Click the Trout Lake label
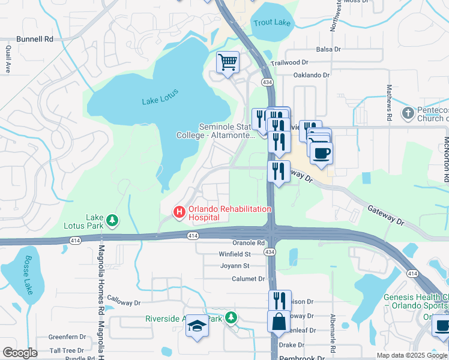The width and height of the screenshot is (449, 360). click(x=271, y=23)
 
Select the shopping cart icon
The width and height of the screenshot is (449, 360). click(x=228, y=62)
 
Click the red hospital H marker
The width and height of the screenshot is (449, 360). click(x=178, y=212)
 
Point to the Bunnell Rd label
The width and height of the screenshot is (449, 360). click(x=36, y=39)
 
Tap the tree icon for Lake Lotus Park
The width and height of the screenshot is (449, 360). click(x=112, y=221)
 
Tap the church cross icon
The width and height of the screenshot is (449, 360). click(x=408, y=113)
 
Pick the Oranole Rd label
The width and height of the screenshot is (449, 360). click(x=249, y=243)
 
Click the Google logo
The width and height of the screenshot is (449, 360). click(x=19, y=353)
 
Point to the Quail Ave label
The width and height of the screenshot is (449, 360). click(x=8, y=59)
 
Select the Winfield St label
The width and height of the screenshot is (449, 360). click(x=235, y=254)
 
